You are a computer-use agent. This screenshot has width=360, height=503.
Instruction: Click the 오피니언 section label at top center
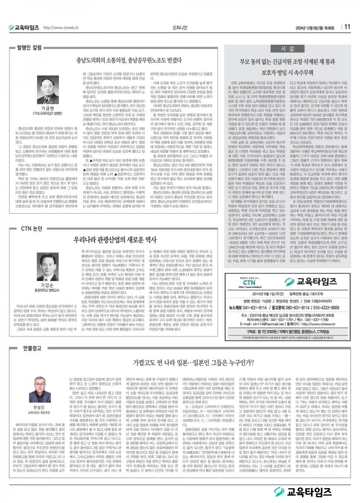click(179, 27)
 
